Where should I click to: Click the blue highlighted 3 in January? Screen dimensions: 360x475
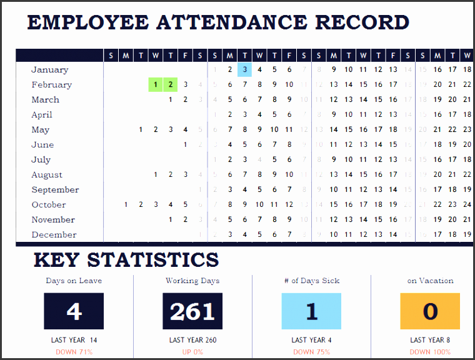[244, 69]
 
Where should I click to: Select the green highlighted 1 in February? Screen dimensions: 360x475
[156, 84]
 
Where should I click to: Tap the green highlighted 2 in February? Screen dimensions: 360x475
[171, 84]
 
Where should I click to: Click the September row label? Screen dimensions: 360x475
[55, 189]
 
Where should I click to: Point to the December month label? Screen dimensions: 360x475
[54, 234]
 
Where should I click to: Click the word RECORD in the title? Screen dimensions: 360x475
[362, 22]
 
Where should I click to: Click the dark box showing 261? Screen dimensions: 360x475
[192, 311]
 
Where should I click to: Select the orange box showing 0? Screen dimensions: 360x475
[430, 311]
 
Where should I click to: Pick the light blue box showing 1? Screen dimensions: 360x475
[311, 311]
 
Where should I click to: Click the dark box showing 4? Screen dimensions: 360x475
[74, 311]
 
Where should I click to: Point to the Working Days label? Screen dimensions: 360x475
[192, 281]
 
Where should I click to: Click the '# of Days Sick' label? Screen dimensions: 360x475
[312, 281]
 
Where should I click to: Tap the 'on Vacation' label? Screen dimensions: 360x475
[430, 281]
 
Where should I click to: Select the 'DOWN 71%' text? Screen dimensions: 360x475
[74, 352]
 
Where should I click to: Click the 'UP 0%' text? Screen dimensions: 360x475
[192, 352]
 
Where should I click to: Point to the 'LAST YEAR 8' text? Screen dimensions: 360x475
[430, 340]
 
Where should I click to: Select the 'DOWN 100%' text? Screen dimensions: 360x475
[430, 352]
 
